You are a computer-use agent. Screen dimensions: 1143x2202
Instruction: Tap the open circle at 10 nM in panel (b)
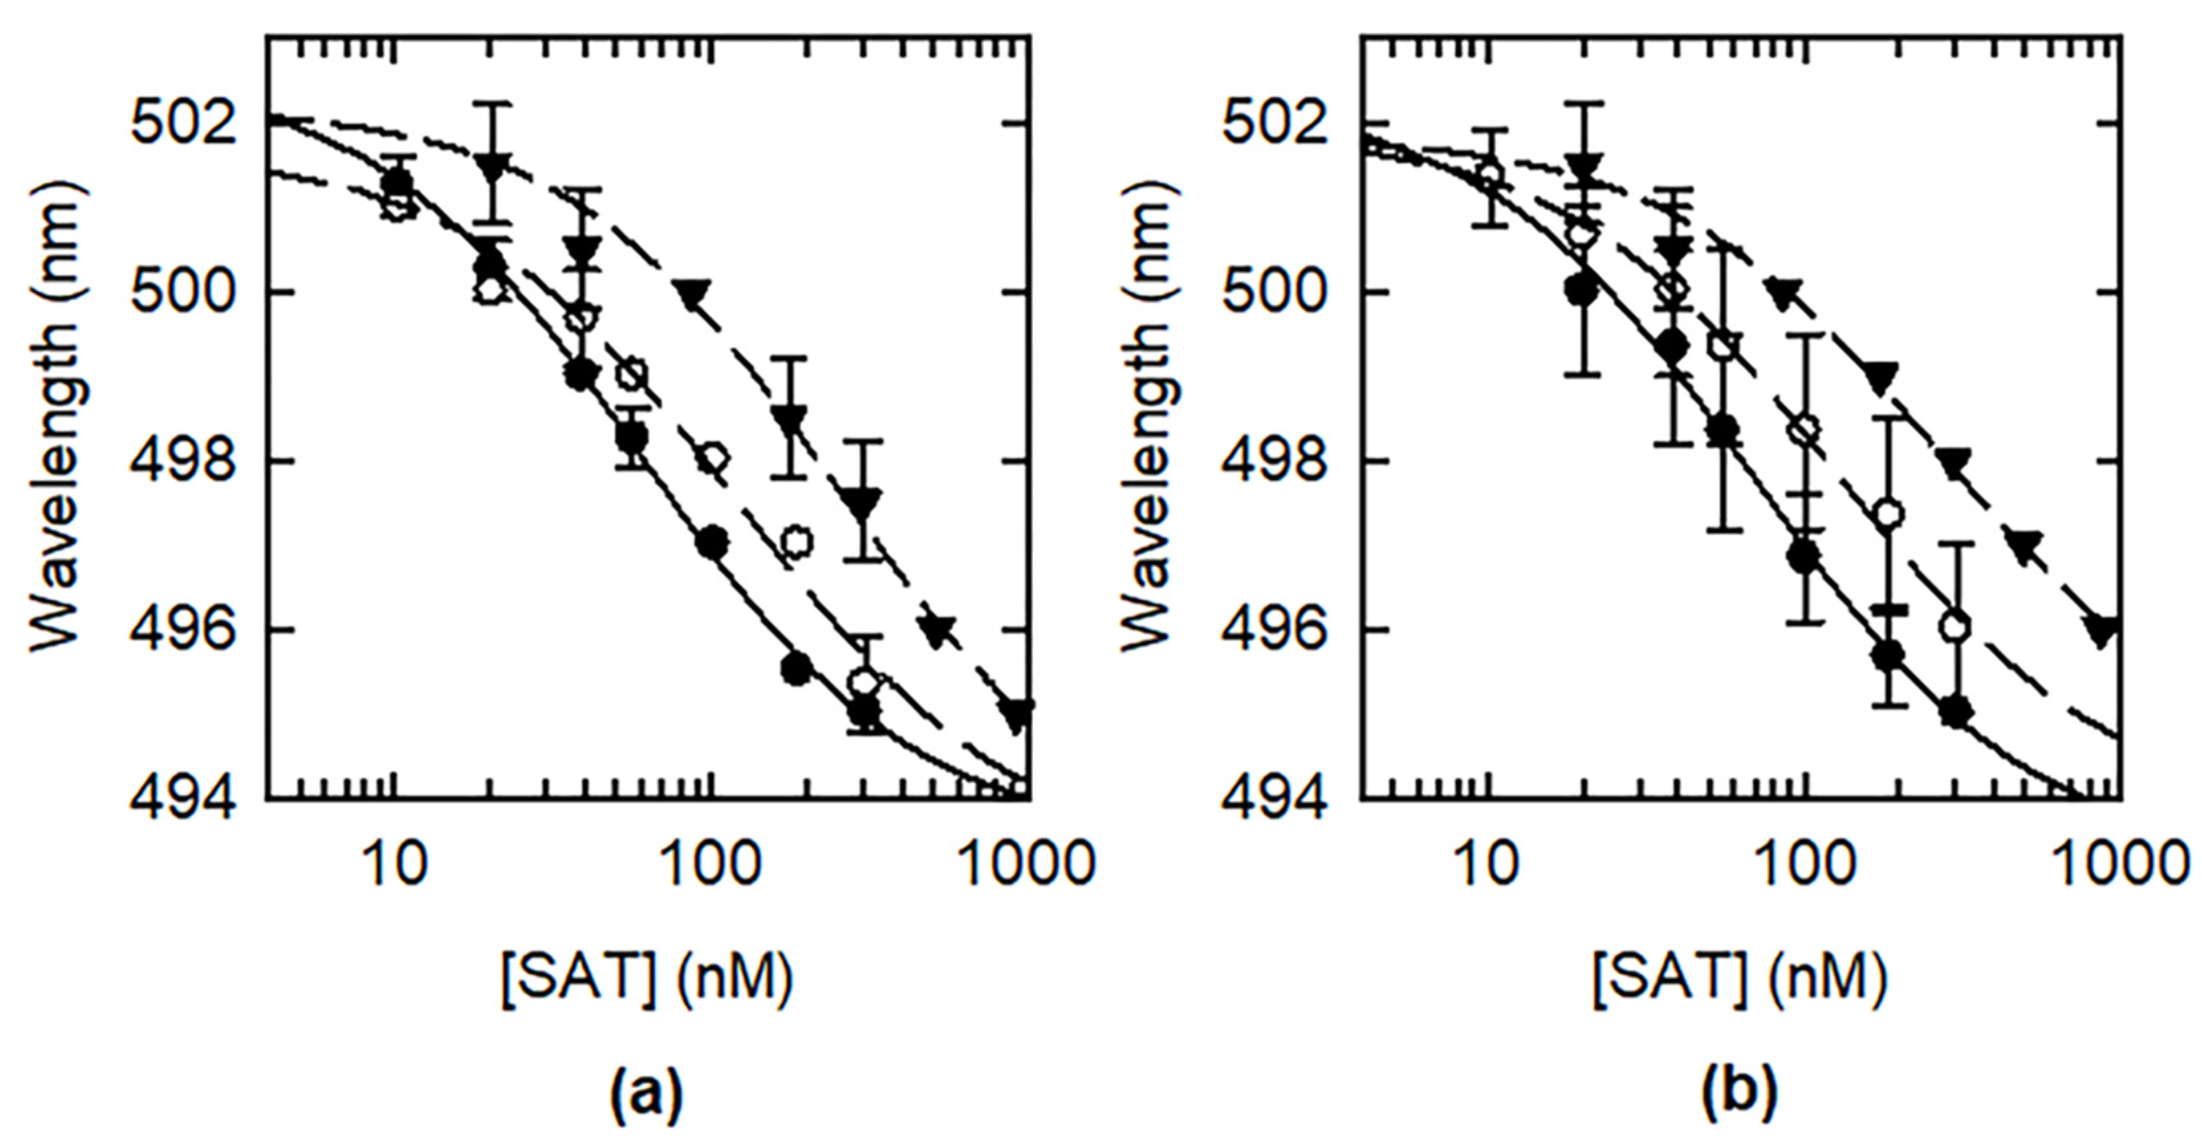click(x=1490, y=176)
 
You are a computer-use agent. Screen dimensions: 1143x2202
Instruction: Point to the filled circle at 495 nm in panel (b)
click(x=1955, y=711)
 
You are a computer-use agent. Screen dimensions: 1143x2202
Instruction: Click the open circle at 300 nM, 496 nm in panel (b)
click(x=1955, y=627)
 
